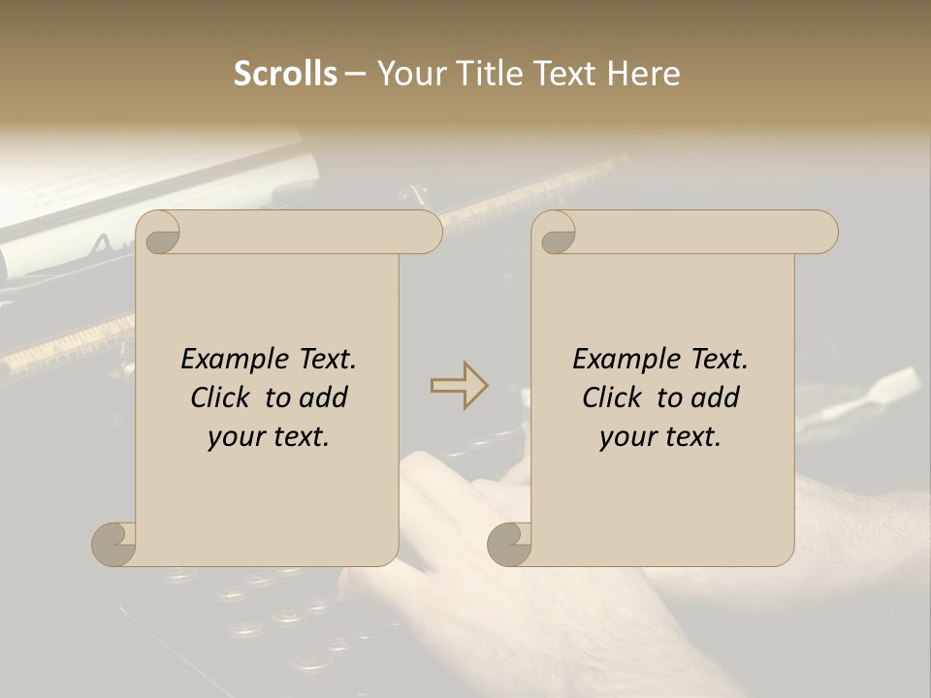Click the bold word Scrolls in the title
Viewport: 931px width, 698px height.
point(285,74)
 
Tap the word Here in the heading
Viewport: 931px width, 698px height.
point(644,74)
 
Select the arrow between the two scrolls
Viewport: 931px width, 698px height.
point(459,385)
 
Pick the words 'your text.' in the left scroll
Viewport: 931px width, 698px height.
point(269,437)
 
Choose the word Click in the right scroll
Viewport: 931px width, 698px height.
point(612,397)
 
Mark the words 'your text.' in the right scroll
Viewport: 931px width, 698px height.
point(660,437)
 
